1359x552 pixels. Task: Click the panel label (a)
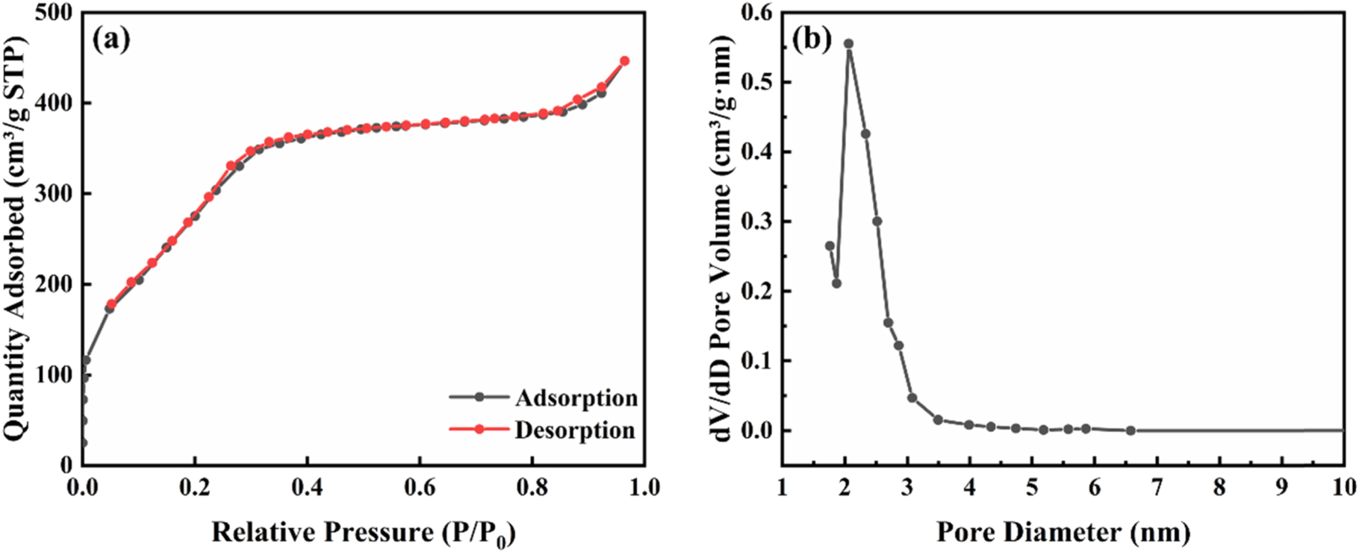pyautogui.click(x=111, y=39)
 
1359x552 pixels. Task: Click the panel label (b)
pyautogui.click(x=812, y=39)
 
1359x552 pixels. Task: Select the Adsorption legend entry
pyautogui.click(x=576, y=398)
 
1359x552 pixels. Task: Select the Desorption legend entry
pyautogui.click(x=574, y=430)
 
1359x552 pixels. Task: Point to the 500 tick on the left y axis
pyautogui.click(x=56, y=13)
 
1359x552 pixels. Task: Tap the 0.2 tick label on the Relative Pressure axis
pyautogui.click(x=195, y=487)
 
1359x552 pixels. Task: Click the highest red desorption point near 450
pyautogui.click(x=625, y=61)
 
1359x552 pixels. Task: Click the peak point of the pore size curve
pyautogui.click(x=849, y=44)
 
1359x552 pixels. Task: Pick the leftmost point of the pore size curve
pyautogui.click(x=830, y=245)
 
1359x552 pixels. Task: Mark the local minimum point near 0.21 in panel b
pyautogui.click(x=837, y=283)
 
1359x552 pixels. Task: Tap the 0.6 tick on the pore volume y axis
pyautogui.click(x=756, y=13)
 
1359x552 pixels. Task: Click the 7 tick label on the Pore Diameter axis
pyautogui.click(x=1157, y=487)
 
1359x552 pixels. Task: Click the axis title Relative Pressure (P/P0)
pyautogui.click(x=364, y=533)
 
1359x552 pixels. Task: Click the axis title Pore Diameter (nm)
pyautogui.click(x=1063, y=532)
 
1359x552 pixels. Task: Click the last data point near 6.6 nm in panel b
pyautogui.click(x=1131, y=430)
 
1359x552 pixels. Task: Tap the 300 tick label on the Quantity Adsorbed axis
pyautogui.click(x=56, y=193)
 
